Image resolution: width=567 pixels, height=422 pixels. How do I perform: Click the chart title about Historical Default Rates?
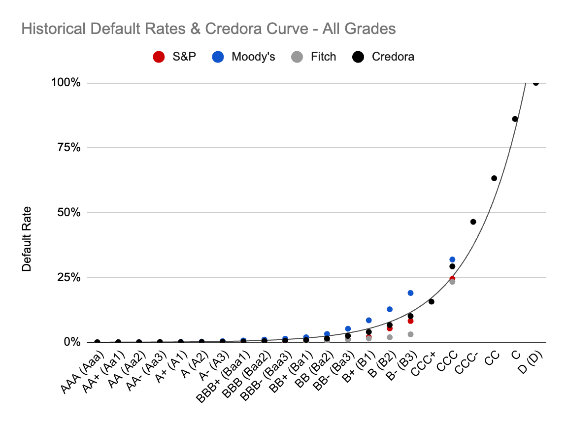[x=208, y=29]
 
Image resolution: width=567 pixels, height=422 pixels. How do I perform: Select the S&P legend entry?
[x=175, y=57]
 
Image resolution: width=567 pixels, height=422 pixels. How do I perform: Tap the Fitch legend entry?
[x=315, y=57]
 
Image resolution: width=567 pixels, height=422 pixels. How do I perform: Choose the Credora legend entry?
[x=384, y=57]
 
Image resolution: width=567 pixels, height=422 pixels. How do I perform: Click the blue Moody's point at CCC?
[x=452, y=260]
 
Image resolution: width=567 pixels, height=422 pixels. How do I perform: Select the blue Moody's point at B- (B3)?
[x=410, y=293]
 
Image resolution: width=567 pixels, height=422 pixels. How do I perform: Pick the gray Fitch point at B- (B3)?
[x=410, y=334]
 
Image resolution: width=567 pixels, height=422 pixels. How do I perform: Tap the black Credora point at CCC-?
[x=473, y=222]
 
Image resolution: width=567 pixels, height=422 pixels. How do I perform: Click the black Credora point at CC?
[x=494, y=178]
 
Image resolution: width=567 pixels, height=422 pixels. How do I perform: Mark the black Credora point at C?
[x=515, y=119]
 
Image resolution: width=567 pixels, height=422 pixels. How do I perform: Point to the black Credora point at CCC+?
[x=432, y=301]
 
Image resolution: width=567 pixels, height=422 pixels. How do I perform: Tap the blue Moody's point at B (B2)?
[x=390, y=309]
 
